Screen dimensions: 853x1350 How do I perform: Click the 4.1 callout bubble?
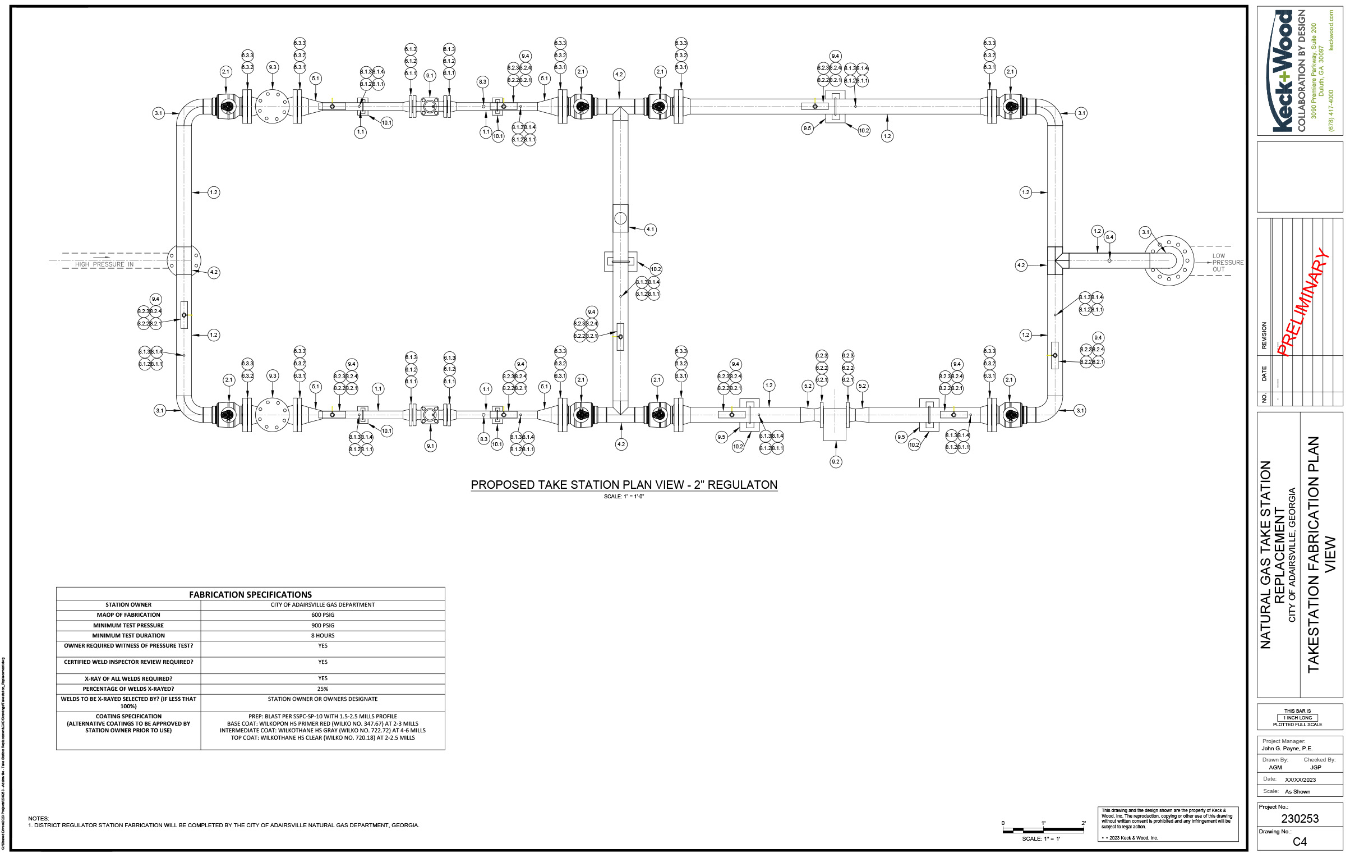pyautogui.click(x=650, y=230)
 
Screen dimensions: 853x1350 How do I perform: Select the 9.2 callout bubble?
pyautogui.click(x=836, y=462)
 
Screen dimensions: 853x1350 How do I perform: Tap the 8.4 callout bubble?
pyautogui.click(x=1109, y=237)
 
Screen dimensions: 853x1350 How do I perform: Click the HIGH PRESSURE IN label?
pyautogui.click(x=104, y=264)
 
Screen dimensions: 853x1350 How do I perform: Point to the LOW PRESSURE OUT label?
pyautogui.click(x=1227, y=263)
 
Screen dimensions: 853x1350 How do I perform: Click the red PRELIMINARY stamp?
pyautogui.click(x=1302, y=303)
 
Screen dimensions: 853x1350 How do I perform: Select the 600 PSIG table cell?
pyautogui.click(x=322, y=615)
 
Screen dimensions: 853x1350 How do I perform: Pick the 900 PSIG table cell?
pyautogui.click(x=322, y=626)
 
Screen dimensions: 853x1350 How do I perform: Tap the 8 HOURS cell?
pyautogui.click(x=322, y=636)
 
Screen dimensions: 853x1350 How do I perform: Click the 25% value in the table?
pyautogui.click(x=322, y=689)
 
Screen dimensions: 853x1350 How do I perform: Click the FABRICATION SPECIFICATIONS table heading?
pyautogui.click(x=250, y=594)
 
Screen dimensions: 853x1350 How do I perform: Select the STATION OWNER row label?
pyautogui.click(x=128, y=605)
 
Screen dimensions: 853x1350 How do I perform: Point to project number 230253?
pyautogui.click(x=1300, y=819)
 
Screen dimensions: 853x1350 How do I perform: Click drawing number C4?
pyautogui.click(x=1300, y=842)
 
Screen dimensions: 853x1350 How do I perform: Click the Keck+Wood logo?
pyautogui.click(x=1282, y=71)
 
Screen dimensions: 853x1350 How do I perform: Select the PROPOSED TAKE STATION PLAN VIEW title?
pyautogui.click(x=624, y=485)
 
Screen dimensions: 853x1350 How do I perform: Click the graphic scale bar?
pyautogui.click(x=1043, y=829)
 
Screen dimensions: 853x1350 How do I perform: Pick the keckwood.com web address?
pyautogui.click(x=1331, y=31)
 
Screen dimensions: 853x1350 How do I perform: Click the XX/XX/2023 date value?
pyautogui.click(x=1300, y=780)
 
